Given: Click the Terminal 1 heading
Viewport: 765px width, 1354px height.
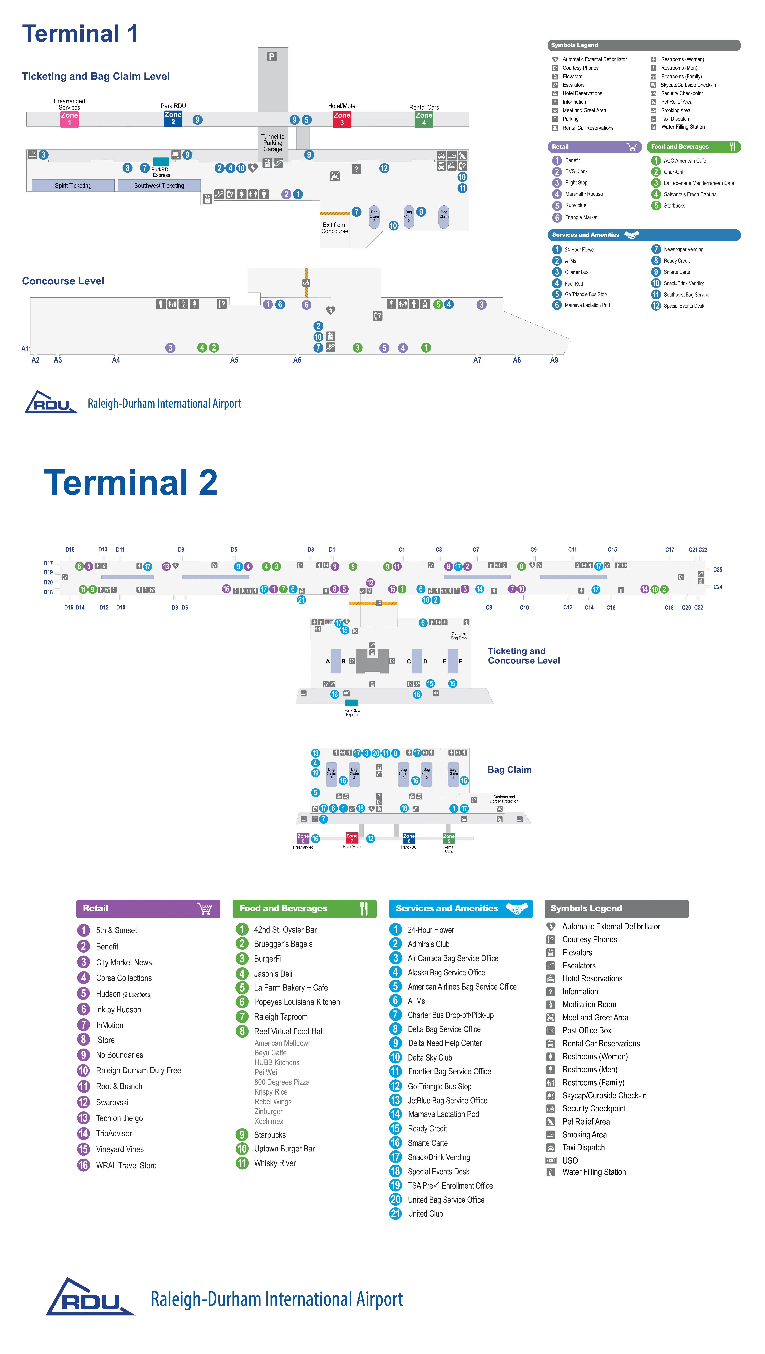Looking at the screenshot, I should coord(80,34).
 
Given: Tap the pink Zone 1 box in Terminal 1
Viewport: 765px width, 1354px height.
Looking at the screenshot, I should coord(69,119).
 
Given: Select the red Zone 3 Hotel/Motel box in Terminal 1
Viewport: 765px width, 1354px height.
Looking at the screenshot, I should coord(342,119).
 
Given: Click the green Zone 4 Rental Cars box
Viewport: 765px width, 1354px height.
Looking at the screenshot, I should coord(424,119).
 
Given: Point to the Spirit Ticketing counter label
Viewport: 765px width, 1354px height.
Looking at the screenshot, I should coord(73,185).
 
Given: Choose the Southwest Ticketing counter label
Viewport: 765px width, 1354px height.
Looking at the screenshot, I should coord(159,185).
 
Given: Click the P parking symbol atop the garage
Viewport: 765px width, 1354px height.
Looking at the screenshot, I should coord(272,56).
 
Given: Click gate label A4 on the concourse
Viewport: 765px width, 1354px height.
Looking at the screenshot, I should coord(116,360).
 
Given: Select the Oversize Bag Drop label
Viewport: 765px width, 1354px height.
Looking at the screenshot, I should coord(459,636).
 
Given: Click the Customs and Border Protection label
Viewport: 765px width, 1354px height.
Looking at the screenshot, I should coord(504,799).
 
